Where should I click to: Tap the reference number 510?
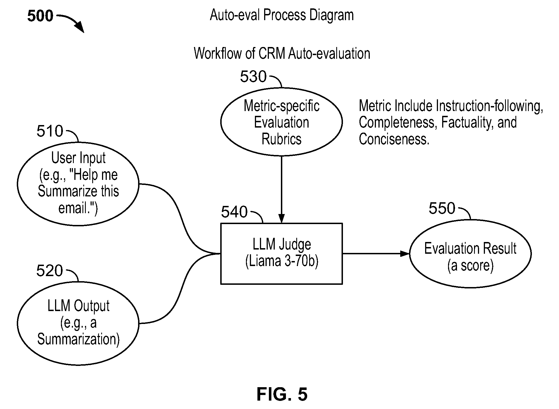click(x=50, y=131)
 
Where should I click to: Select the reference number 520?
click(x=49, y=271)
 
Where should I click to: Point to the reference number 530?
click(x=253, y=76)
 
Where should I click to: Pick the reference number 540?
click(x=234, y=212)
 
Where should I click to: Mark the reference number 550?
click(x=442, y=208)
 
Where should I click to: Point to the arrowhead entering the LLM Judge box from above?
click(x=281, y=219)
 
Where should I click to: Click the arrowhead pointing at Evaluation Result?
click(x=405, y=253)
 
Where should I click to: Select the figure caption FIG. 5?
click(x=282, y=394)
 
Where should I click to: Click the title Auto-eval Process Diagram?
click(x=282, y=15)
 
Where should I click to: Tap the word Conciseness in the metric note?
click(x=394, y=139)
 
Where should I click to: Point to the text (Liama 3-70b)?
click(x=282, y=262)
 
